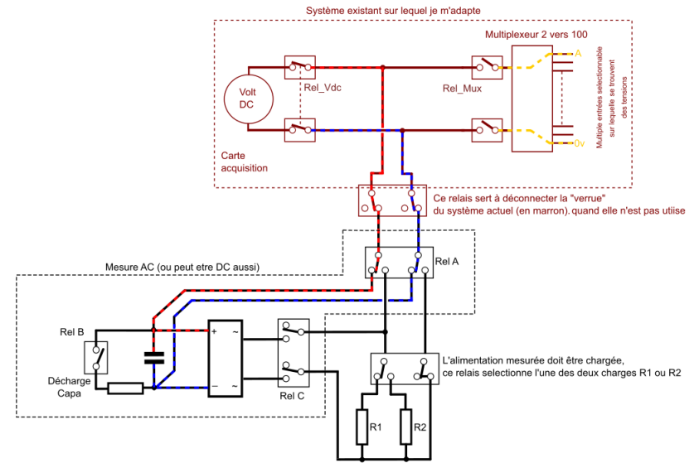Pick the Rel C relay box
point(293,352)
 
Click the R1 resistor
point(363,427)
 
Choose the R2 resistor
point(406,427)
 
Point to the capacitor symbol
point(153,358)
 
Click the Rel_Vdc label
point(323,88)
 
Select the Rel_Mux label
point(463,88)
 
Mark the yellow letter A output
point(579,52)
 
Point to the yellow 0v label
point(580,143)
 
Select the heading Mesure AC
point(182,267)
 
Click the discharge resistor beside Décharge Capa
point(124,388)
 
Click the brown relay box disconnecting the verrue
point(391,200)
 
